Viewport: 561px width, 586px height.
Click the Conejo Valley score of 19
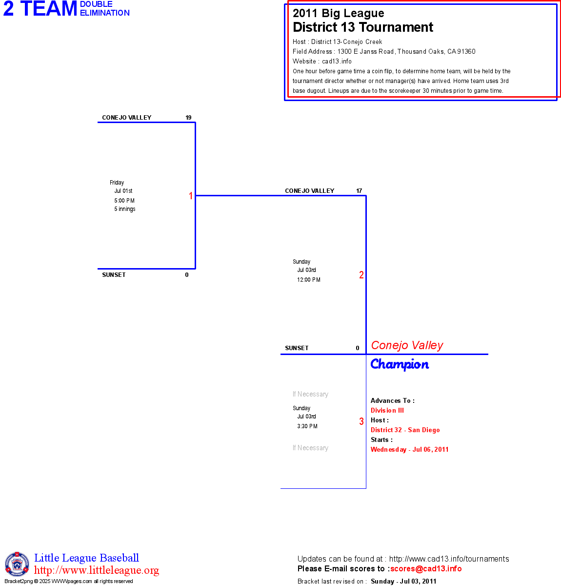coord(188,118)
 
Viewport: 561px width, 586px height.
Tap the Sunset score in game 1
coord(187,275)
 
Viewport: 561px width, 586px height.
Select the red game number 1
coord(191,196)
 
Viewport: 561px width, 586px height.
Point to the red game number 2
coord(361,275)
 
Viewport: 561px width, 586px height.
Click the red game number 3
coord(361,421)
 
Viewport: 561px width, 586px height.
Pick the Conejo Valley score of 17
coord(359,191)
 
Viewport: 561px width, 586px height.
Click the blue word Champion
coord(400,364)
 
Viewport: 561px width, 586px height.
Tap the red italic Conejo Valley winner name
coord(407,345)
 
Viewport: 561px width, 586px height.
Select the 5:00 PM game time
coord(124,201)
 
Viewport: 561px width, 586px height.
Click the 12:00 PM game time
coord(309,280)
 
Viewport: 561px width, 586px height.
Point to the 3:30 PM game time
coord(307,426)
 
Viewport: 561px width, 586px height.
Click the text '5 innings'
coord(125,209)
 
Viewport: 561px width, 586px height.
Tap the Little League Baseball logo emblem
coord(17,564)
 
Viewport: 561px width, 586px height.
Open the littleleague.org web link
coord(97,570)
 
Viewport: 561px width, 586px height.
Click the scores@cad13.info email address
coord(426,568)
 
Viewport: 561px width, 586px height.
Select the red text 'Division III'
coord(387,411)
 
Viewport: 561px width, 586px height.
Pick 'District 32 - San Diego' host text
coord(405,430)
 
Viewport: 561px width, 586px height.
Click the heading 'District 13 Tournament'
coord(363,27)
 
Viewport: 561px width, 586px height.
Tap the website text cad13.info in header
coord(337,62)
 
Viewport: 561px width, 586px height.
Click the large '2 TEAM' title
coord(40,9)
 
